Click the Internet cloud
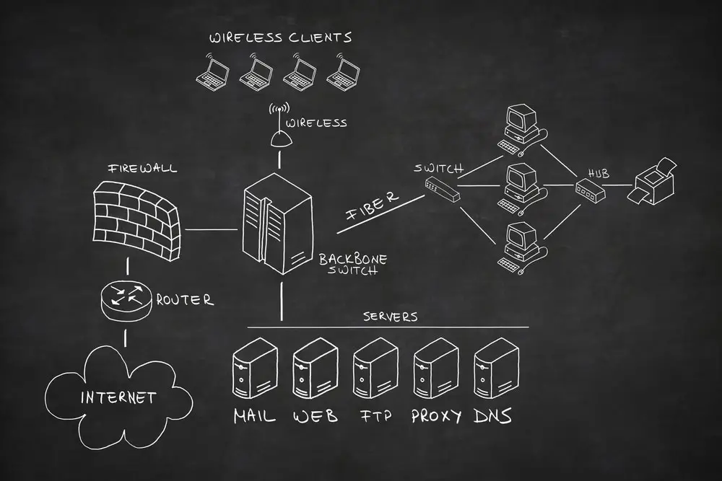point(119,397)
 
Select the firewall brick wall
point(136,220)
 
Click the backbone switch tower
point(277,224)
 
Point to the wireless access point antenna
point(280,125)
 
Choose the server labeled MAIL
point(255,369)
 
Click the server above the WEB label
point(315,369)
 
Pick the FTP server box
point(375,369)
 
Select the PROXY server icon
point(435,369)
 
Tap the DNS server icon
point(496,369)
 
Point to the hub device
point(590,190)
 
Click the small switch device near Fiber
point(442,190)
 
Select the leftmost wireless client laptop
point(213,72)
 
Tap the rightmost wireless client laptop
point(343,72)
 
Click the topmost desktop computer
point(522,129)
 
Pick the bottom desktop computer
point(522,248)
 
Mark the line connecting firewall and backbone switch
point(211,229)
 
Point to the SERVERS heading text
point(390,317)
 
